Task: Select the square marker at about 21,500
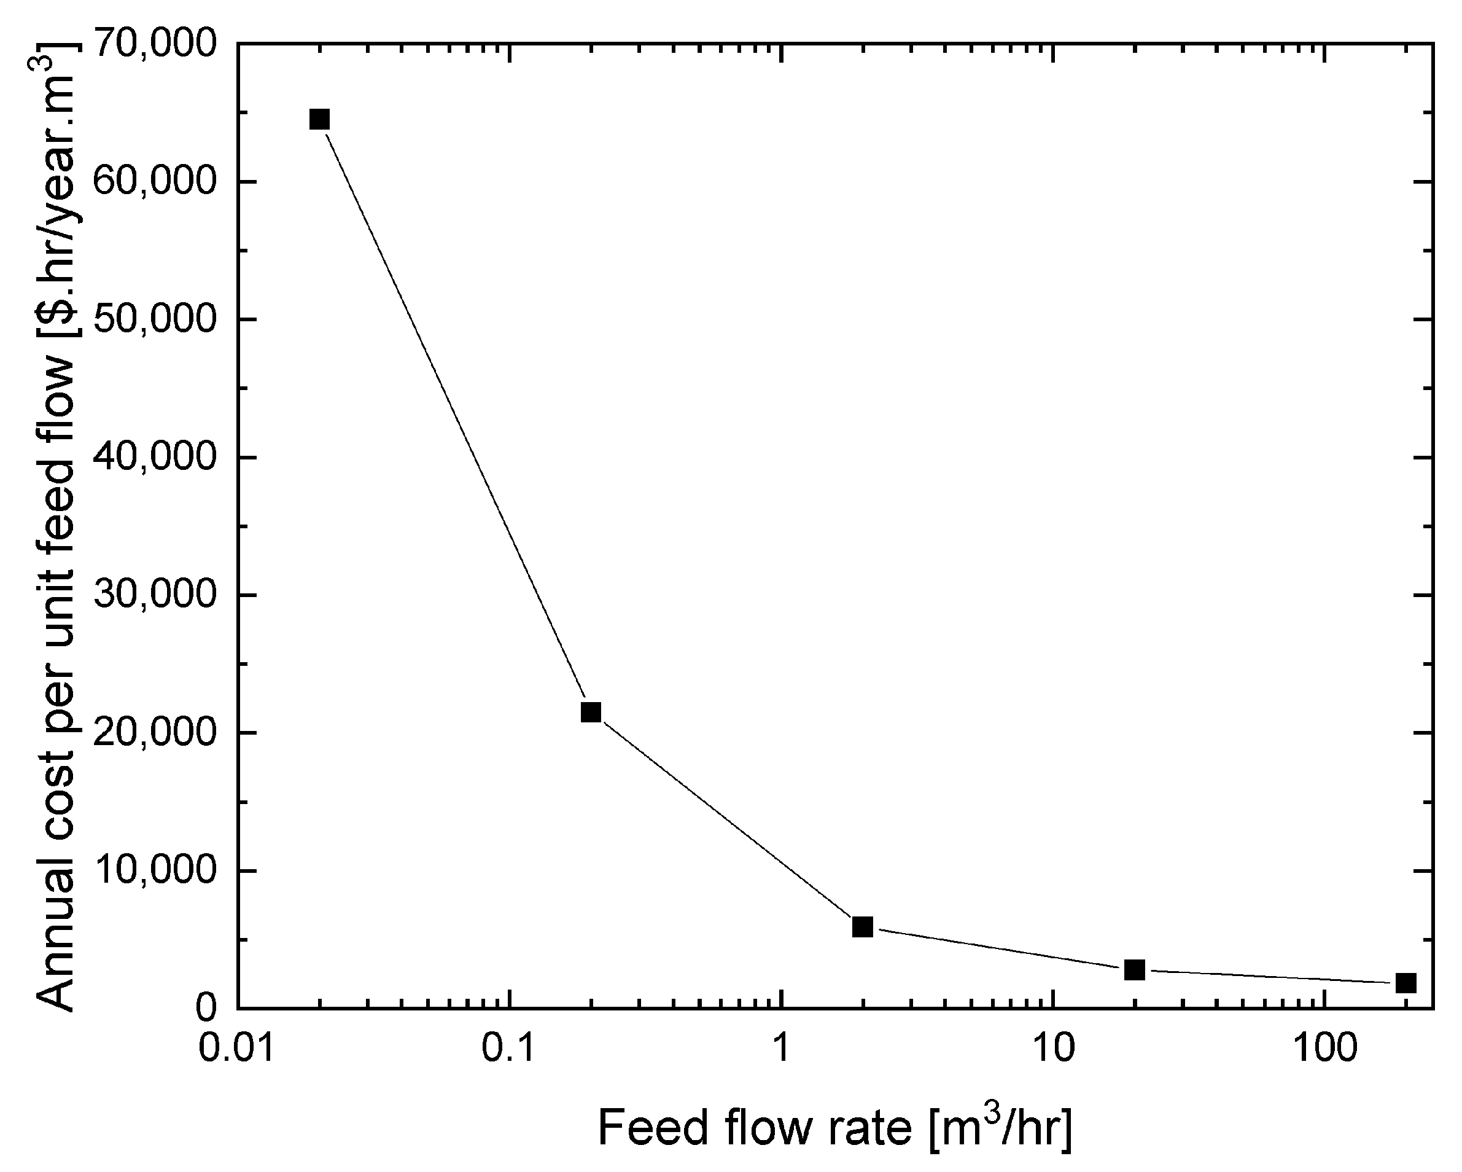coord(591,712)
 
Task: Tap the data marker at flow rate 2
coord(863,926)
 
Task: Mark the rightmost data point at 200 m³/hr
coord(1406,983)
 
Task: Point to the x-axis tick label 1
coord(781,1049)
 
